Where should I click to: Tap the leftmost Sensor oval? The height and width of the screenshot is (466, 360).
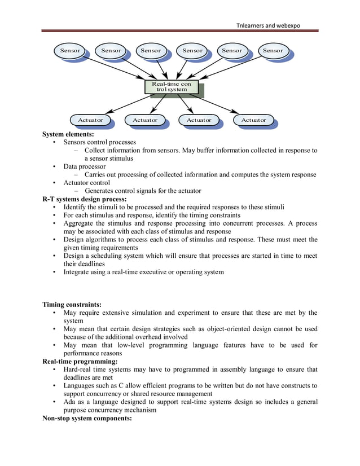pos(71,51)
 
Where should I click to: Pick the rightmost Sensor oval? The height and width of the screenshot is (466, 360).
pos(273,51)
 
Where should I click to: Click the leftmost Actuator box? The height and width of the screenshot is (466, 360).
pos(90,120)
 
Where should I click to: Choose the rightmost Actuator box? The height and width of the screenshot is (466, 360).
pos(253,120)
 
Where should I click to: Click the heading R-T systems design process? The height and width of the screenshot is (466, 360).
pos(85,199)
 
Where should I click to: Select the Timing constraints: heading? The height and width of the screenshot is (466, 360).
pos(72,305)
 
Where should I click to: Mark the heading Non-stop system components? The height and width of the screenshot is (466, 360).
pos(87,419)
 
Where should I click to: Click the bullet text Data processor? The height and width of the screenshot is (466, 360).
pos(85,166)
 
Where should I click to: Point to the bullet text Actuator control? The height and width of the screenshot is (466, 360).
pos(86,183)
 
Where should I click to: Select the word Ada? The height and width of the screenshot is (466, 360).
pos(70,402)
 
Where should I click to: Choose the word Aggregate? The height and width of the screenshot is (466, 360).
pos(80,223)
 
